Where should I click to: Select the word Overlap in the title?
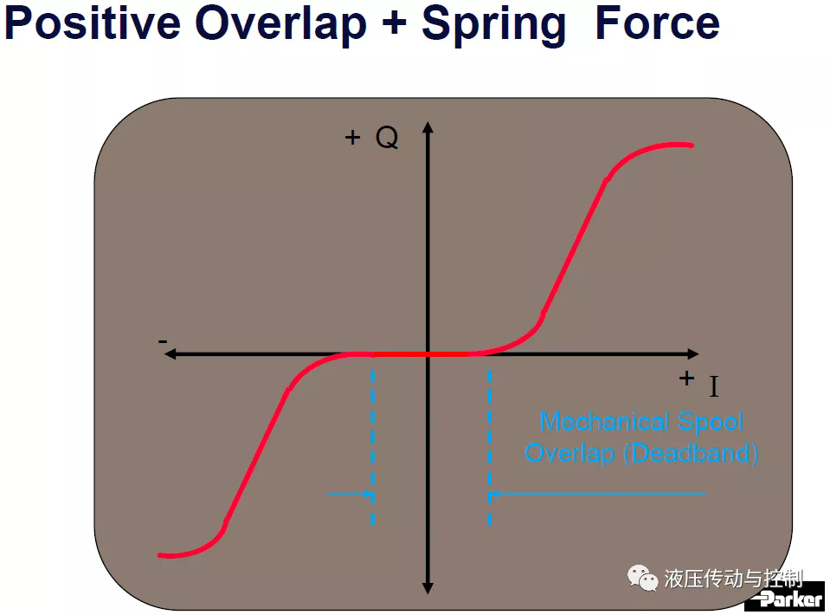[280, 24]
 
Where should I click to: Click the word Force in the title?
[658, 23]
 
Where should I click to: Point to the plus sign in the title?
[394, 24]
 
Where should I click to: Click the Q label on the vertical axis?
[387, 138]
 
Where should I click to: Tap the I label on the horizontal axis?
[714, 386]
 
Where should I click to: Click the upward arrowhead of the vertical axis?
[428, 126]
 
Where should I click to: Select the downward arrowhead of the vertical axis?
[428, 588]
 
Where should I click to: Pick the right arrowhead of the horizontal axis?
[693, 354]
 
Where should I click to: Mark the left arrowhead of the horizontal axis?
[170, 354]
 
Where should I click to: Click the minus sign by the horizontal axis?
[163, 341]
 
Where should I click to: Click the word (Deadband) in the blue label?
[691, 453]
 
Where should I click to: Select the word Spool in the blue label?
[711, 423]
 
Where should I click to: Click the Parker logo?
[787, 598]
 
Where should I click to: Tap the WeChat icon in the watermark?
[642, 578]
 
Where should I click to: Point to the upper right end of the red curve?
[692, 146]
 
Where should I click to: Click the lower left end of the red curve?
[160, 555]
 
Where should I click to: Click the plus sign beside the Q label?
[352, 138]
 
